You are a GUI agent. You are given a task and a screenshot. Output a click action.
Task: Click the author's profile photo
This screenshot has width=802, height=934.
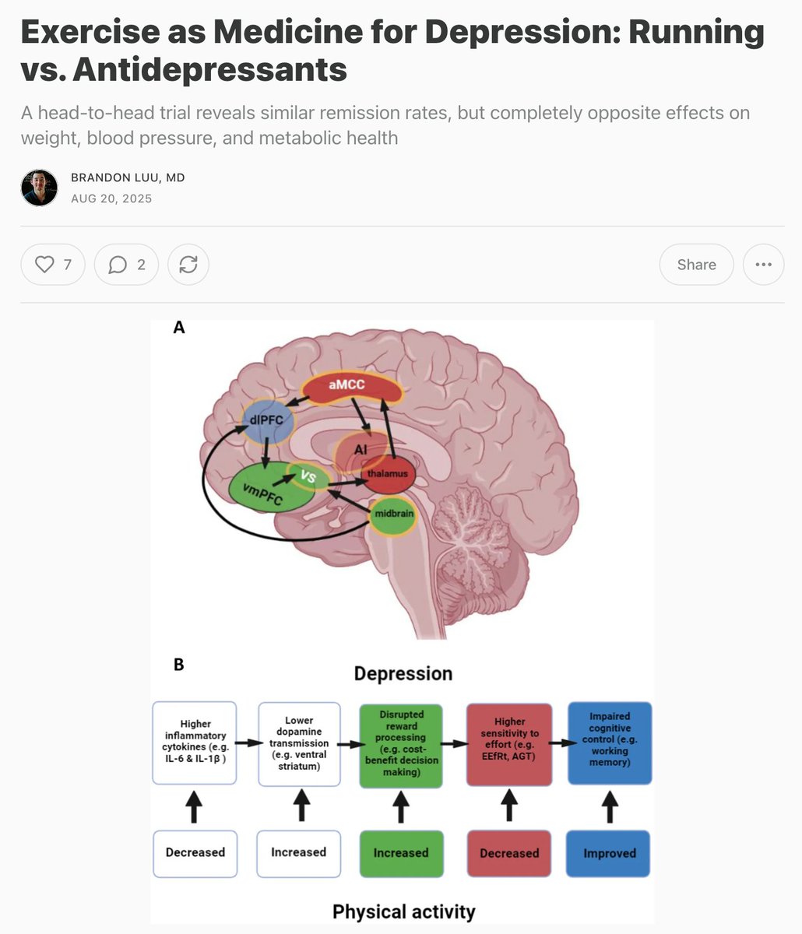(39, 188)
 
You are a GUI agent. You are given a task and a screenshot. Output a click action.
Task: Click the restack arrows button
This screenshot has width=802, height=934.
(188, 265)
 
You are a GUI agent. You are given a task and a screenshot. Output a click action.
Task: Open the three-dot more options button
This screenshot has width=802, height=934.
(763, 265)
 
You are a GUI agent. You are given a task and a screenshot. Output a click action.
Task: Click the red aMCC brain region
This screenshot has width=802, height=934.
(346, 384)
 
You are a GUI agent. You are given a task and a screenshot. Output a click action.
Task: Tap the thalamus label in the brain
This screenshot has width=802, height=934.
(387, 473)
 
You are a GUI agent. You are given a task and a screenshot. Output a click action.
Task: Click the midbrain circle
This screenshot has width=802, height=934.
(392, 515)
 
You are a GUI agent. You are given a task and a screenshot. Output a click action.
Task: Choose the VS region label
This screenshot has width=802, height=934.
(308, 476)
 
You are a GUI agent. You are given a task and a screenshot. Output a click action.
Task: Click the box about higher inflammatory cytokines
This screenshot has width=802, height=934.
(195, 743)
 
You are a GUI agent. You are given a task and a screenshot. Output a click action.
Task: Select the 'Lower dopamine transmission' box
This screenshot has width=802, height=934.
(299, 743)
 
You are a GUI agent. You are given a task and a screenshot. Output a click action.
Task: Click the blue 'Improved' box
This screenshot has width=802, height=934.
(609, 853)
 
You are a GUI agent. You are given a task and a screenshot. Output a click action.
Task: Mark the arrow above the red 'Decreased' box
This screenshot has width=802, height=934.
(509, 805)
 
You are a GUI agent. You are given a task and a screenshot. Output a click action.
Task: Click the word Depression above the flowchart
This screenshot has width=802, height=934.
(403, 673)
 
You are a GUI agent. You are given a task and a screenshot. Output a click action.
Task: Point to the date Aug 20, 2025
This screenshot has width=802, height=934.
(111, 198)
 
